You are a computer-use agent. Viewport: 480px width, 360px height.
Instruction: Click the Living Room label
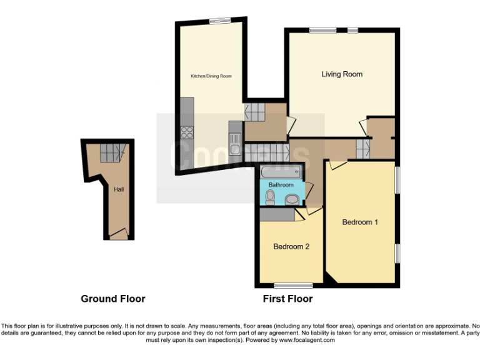(x=342, y=74)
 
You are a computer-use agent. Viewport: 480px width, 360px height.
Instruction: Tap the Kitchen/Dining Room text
(x=211, y=76)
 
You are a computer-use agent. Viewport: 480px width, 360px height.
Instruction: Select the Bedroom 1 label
(x=360, y=222)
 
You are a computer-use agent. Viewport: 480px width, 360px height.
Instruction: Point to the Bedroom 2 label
(x=291, y=246)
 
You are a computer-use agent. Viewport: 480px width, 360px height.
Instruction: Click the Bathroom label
(x=281, y=185)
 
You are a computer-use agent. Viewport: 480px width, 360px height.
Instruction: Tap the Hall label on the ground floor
(x=118, y=189)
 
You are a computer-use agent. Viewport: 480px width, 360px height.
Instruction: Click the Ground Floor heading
(x=113, y=299)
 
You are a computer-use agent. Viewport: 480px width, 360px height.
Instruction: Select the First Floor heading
(x=287, y=299)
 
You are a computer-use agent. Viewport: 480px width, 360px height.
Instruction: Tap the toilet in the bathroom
(x=270, y=197)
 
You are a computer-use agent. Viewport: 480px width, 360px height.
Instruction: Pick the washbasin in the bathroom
(x=291, y=199)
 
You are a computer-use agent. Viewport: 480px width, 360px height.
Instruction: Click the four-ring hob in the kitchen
(x=187, y=132)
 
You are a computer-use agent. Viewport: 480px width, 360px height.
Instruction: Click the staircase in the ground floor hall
(x=113, y=152)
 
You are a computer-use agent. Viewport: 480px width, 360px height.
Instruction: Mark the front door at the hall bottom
(x=118, y=235)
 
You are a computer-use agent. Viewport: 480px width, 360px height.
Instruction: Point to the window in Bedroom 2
(x=293, y=286)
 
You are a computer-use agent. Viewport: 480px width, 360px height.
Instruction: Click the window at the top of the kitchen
(x=220, y=21)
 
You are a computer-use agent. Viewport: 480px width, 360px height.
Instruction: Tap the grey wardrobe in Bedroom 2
(x=277, y=214)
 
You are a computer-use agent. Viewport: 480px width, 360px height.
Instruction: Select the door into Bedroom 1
(x=338, y=165)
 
